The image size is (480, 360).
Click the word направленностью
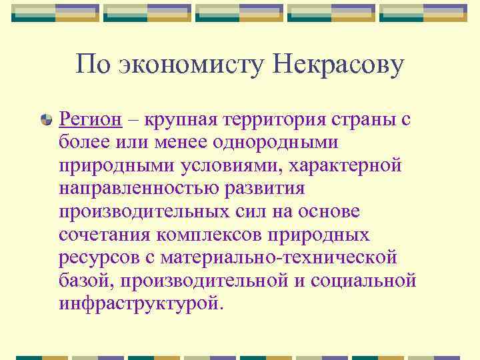pyautogui.click(x=146, y=188)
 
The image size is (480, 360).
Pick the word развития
pyautogui.click(x=273, y=188)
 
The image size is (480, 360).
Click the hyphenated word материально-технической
pyautogui.click(x=283, y=257)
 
